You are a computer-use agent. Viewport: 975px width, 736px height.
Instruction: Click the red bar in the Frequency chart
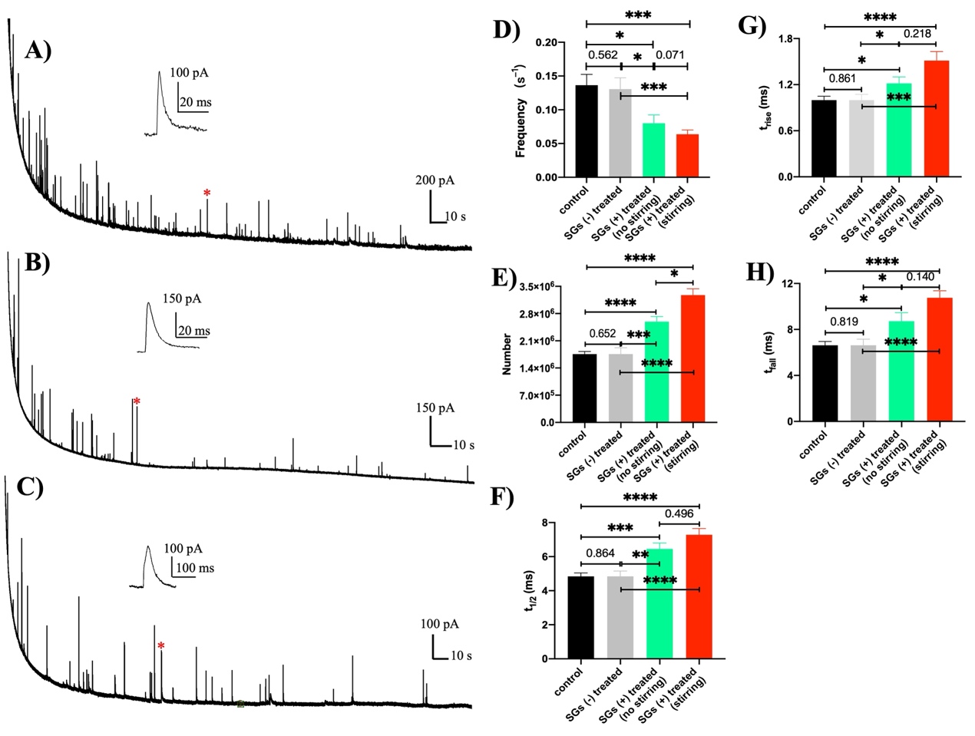point(687,156)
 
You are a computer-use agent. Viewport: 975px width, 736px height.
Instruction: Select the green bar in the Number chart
point(656,372)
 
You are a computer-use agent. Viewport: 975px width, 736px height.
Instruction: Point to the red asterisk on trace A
point(207,193)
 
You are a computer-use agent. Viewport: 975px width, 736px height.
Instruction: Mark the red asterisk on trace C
point(161,646)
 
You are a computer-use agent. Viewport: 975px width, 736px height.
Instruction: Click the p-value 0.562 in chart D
point(603,54)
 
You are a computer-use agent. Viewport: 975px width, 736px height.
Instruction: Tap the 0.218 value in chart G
point(917,34)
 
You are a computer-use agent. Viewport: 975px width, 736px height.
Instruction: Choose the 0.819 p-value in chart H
point(843,322)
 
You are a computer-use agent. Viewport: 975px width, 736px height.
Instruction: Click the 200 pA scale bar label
point(435,181)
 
